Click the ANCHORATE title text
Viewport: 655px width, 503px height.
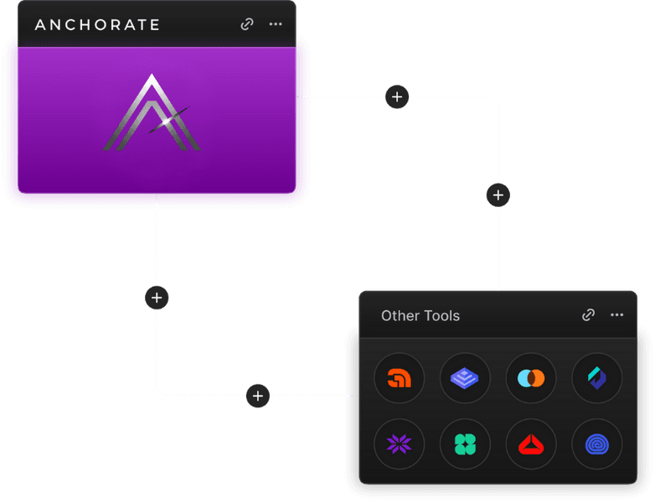[97, 24]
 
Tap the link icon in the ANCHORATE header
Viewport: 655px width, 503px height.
[247, 24]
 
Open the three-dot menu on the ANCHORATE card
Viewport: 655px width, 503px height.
[276, 24]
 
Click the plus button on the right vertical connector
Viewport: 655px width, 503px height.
[498, 195]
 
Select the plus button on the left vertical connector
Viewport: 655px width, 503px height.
[157, 297]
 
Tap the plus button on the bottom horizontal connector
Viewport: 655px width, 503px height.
[258, 396]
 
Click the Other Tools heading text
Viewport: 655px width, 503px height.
[420, 316]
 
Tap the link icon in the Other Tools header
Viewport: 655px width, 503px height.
[589, 315]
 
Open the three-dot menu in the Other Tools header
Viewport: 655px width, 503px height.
[617, 315]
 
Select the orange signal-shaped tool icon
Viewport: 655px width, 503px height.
[400, 378]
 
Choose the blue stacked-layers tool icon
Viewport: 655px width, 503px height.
[465, 378]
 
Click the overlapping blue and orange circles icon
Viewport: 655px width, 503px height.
[531, 378]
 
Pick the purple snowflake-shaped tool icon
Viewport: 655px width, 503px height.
[400, 444]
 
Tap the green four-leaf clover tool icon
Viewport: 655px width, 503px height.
[465, 444]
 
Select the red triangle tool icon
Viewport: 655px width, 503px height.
[531, 444]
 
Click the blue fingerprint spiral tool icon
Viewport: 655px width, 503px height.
[597, 444]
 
